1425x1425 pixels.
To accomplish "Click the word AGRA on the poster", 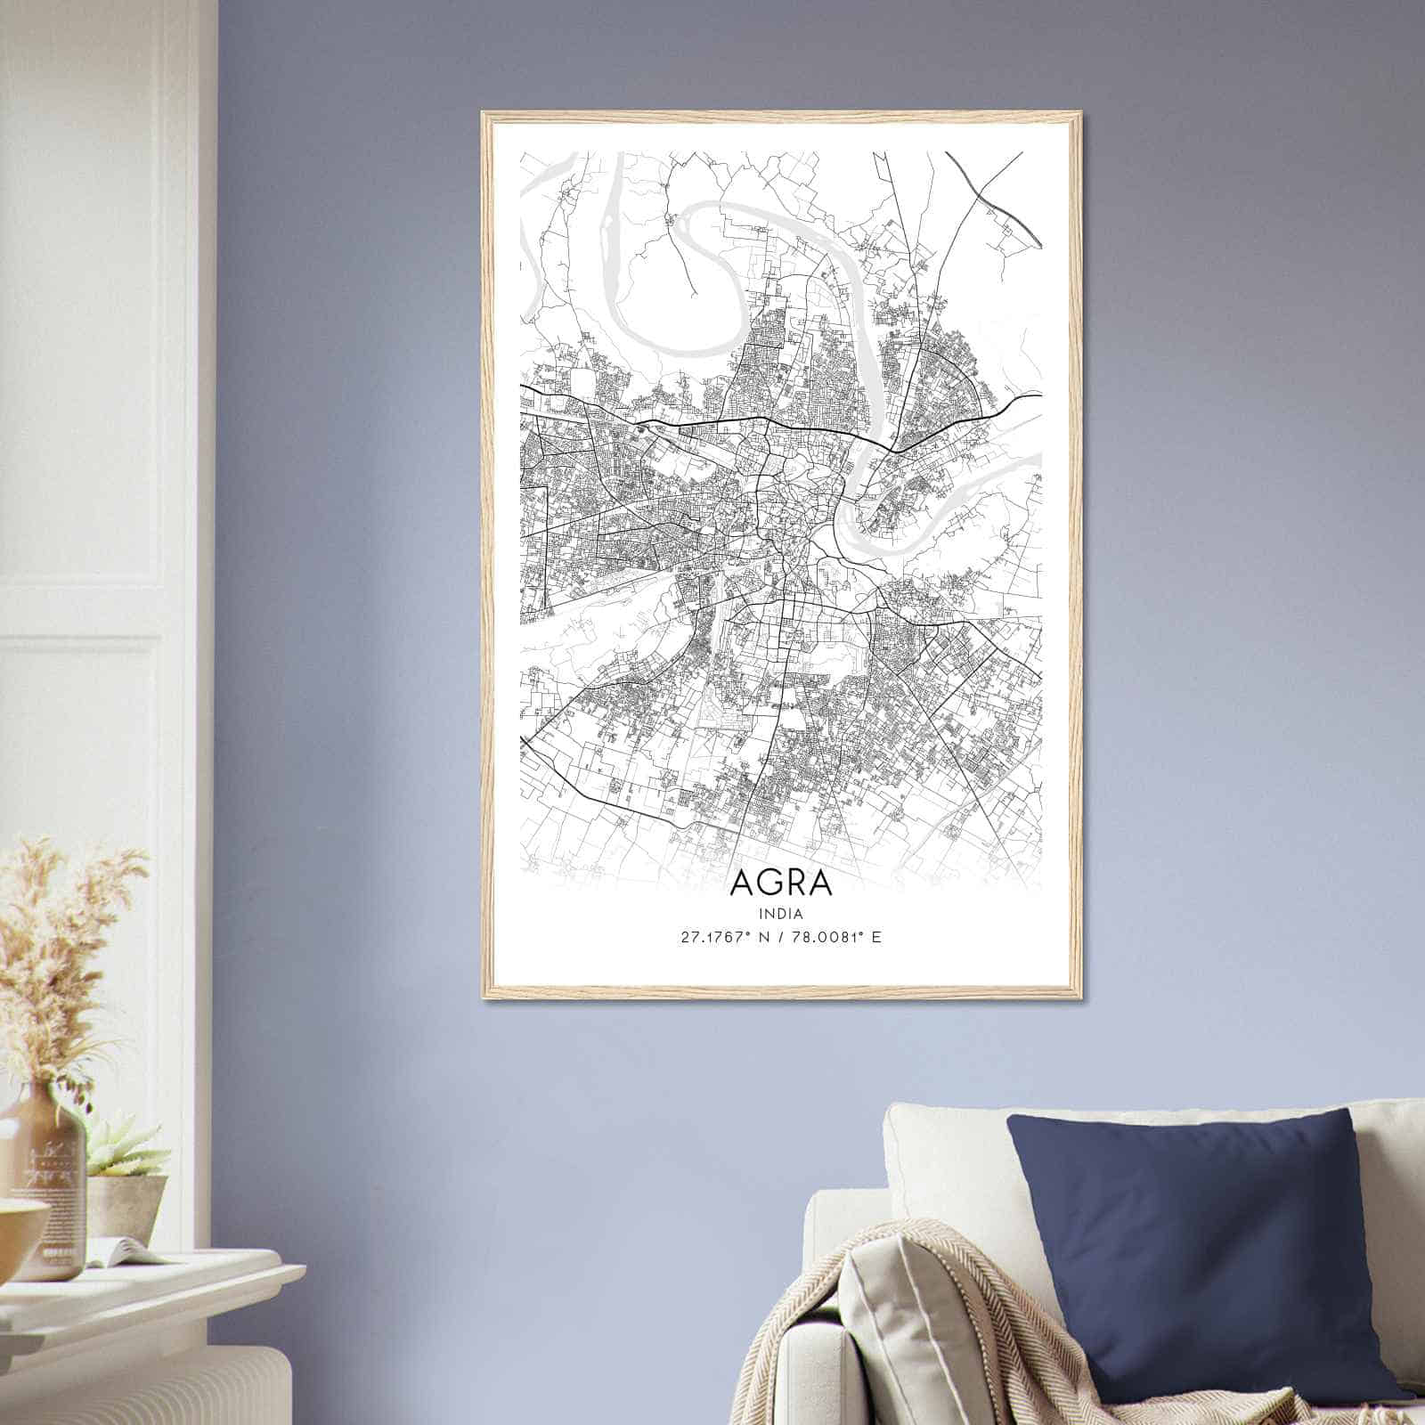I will coord(781,883).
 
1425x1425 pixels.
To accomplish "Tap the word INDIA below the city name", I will coord(781,914).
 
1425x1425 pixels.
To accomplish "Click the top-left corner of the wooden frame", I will coord(484,114).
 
